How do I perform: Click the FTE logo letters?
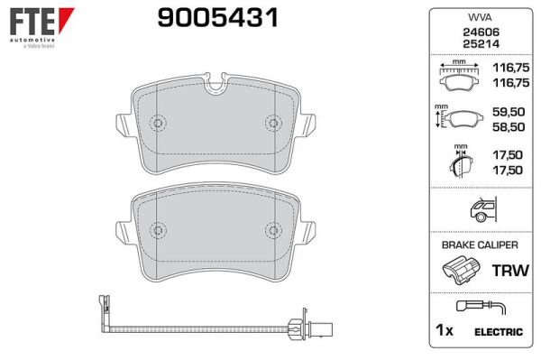click(32, 21)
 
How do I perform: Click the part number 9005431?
click(217, 18)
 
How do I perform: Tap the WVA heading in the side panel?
click(480, 17)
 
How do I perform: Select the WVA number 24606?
click(481, 32)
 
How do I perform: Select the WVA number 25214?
click(481, 44)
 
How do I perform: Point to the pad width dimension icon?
click(459, 76)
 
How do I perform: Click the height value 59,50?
click(509, 112)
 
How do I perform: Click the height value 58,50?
click(509, 127)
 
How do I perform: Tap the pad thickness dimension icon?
click(461, 162)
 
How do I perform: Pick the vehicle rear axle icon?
click(483, 209)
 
